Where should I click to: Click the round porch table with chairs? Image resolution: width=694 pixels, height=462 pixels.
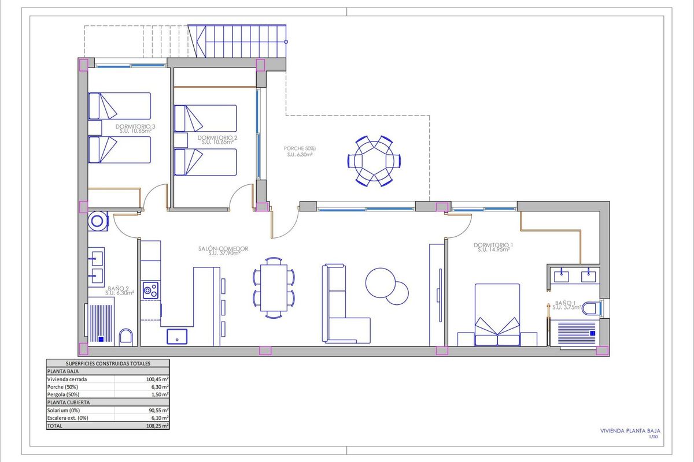373,161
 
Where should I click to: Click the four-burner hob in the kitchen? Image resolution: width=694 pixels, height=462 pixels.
151,290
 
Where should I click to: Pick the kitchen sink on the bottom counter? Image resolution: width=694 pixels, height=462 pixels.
177,336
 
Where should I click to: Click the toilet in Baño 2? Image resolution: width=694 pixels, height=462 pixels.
125,337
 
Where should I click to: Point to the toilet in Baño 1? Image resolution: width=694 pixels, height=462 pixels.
590,308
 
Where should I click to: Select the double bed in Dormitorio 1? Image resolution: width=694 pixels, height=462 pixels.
497,315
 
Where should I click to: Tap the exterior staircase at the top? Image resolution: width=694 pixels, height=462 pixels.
240,41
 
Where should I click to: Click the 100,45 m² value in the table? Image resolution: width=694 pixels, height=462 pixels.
157,379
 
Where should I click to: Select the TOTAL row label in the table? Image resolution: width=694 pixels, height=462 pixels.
56,425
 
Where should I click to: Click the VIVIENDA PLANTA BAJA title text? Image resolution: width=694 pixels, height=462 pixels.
629,430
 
